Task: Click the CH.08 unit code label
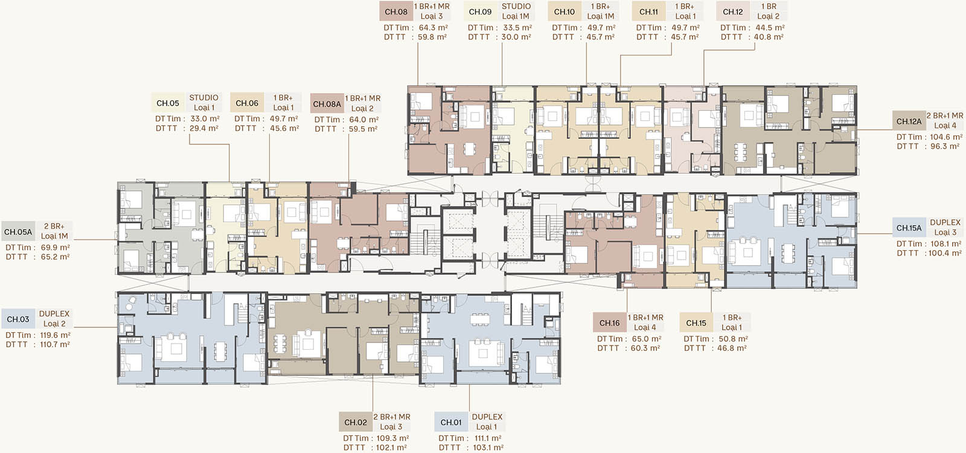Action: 396,11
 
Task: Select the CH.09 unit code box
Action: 480,11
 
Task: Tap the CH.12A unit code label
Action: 909,121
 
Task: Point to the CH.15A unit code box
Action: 909,228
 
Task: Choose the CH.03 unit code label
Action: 18,319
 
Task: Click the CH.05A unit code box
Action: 18,232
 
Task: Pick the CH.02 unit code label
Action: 356,422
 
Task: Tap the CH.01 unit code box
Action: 450,422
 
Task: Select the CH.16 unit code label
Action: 609,323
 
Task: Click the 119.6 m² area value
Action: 54,335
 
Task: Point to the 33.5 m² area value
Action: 517,28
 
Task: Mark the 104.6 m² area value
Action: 946,137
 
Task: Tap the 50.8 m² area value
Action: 733,339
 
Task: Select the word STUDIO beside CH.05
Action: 203,97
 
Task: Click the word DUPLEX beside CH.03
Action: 54,313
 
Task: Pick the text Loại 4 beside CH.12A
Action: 945,126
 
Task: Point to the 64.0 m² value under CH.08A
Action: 364,120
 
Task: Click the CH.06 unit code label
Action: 247,103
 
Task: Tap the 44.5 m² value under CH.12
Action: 770,28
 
